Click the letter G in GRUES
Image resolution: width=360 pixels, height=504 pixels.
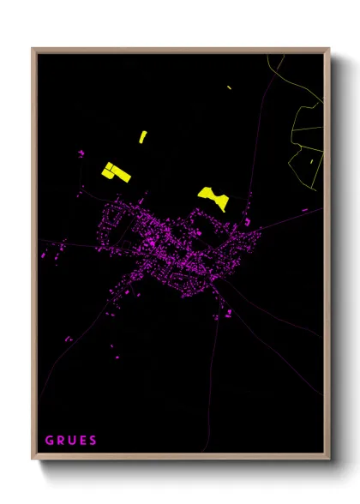pyautogui.click(x=49, y=441)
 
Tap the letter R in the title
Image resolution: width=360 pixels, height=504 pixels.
pyautogui.click(x=61, y=441)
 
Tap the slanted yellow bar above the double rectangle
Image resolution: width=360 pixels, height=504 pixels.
pyautogui.click(x=143, y=136)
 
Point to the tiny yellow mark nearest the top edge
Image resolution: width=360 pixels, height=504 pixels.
pyautogui.click(x=230, y=87)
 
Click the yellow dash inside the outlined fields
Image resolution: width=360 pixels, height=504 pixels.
pyautogui.click(x=309, y=159)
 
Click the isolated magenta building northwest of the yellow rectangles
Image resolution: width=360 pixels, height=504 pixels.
pyautogui.click(x=81, y=153)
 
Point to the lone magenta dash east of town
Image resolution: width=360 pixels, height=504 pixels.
pyautogui.click(x=304, y=209)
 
